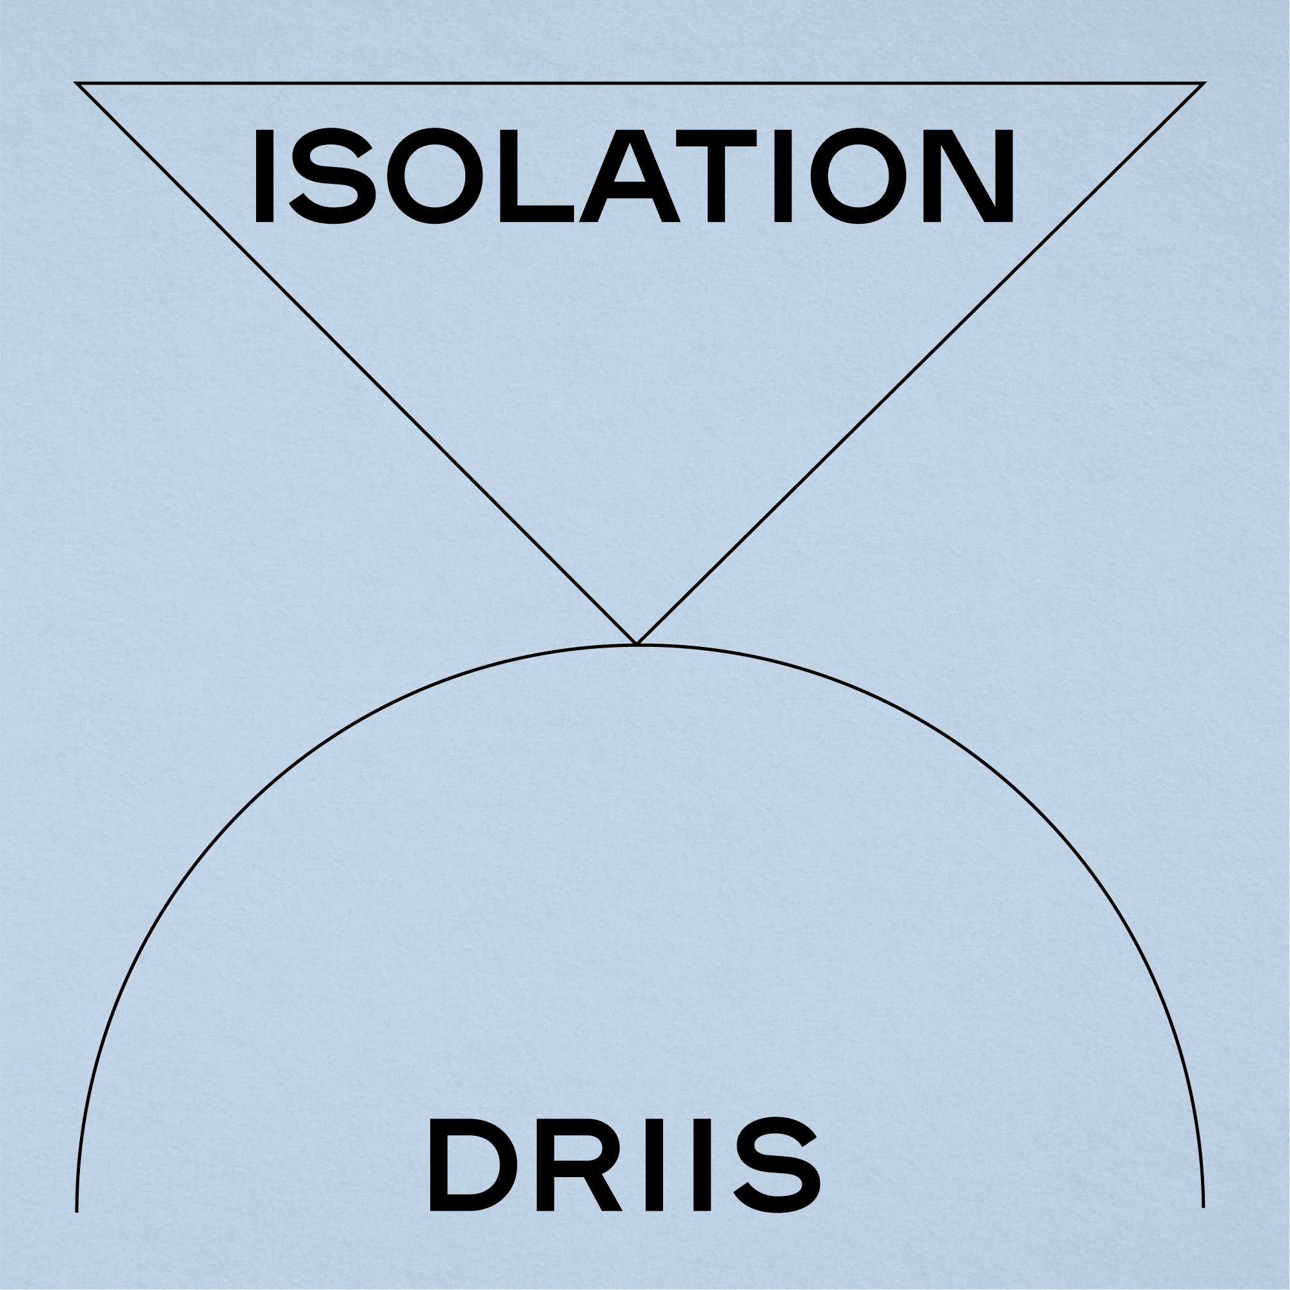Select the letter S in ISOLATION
[330, 175]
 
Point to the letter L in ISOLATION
[535, 175]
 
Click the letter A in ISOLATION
[629, 175]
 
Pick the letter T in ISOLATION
[716, 175]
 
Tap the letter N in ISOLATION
[978, 175]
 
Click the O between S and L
[436, 175]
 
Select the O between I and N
[858, 175]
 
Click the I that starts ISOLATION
[264, 175]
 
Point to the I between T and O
[782, 175]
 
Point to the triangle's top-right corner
[1203, 83]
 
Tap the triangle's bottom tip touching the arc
[637, 643]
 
